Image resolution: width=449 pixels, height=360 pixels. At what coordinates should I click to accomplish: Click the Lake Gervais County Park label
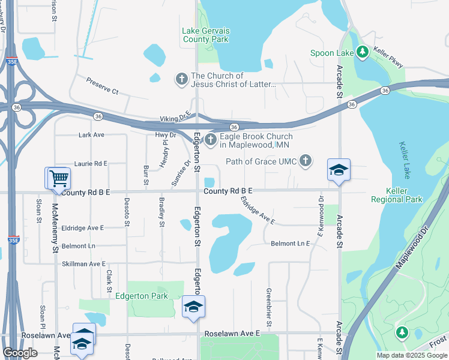coord(205,35)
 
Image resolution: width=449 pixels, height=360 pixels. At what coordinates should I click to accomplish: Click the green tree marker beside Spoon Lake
coord(362,52)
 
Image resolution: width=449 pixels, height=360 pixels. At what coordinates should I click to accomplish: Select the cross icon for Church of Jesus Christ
coord(181,79)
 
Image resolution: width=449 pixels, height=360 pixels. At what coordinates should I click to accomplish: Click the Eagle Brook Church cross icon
coord(210,140)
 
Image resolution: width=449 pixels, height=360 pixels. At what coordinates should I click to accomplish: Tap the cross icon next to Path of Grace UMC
coord(306,161)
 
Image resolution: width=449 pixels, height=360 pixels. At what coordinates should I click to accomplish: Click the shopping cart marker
coord(59,178)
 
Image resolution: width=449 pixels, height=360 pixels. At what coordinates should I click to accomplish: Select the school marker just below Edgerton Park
coord(193,307)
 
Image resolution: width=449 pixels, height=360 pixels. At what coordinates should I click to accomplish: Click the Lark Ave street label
coord(91,135)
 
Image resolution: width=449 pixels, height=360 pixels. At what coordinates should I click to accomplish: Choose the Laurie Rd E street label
coord(91,163)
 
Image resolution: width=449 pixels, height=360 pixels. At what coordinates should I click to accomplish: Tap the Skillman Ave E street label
coord(83,263)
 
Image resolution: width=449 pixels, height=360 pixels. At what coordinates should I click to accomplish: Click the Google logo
coord(20,353)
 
